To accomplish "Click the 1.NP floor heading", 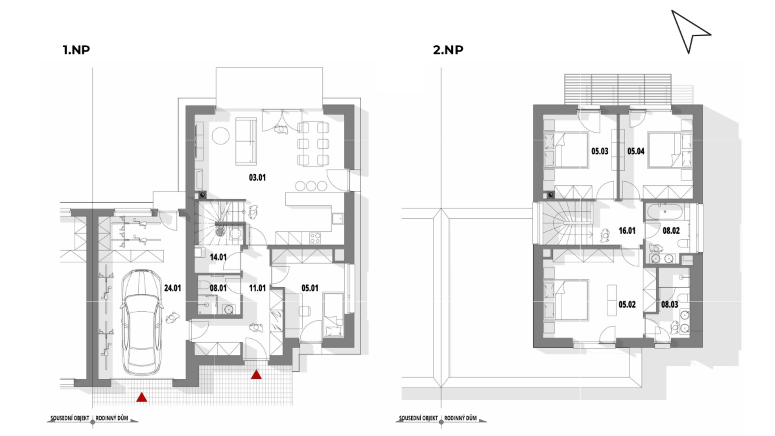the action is [76, 50].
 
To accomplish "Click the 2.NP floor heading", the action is [448, 50].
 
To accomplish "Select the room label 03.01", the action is [257, 177].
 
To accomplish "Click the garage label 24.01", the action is [172, 288].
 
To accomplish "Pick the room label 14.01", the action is [218, 257].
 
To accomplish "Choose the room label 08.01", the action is [218, 288].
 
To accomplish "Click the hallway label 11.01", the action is [257, 288].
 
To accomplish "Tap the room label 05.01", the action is [310, 288].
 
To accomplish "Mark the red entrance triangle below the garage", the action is [141, 397].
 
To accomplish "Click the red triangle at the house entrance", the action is [256, 375].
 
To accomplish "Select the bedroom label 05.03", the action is [599, 151].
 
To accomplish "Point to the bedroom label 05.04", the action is [636, 151].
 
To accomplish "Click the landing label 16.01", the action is [627, 231].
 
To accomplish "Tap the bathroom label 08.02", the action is [671, 231].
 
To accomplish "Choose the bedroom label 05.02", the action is [627, 304].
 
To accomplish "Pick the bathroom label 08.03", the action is [669, 304].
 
